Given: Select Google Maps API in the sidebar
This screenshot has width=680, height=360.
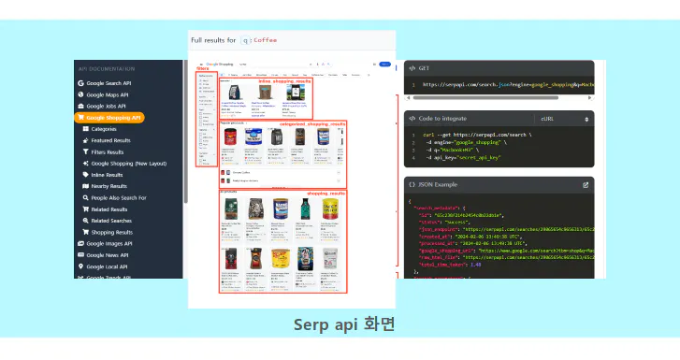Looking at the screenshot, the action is [108, 94].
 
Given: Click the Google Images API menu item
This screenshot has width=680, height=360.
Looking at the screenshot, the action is [110, 243].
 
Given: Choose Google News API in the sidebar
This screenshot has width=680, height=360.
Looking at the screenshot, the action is [108, 254].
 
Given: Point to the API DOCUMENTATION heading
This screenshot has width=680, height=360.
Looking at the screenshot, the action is [108, 68].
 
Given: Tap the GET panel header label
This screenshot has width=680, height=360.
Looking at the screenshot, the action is [423, 68].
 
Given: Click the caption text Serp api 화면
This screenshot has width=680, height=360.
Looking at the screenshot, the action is [344, 325].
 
